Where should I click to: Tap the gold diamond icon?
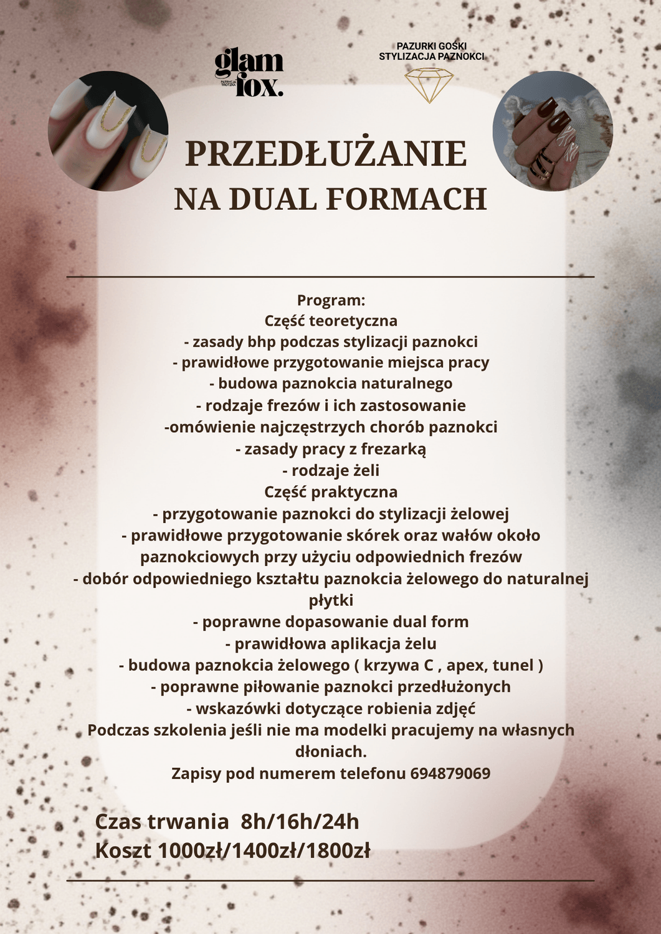[x=429, y=85]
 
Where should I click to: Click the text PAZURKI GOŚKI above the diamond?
[x=431, y=45]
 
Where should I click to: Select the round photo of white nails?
[x=108, y=131]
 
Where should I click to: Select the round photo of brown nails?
[x=553, y=131]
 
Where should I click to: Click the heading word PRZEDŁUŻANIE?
[x=326, y=154]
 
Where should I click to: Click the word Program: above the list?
[x=330, y=300]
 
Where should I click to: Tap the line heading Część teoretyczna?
[x=330, y=321]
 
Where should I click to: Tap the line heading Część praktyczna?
[x=330, y=492]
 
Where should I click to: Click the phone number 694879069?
[x=450, y=774]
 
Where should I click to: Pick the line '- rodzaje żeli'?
[x=330, y=470]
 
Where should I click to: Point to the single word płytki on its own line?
[x=331, y=601]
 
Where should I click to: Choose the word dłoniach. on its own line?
[x=330, y=752]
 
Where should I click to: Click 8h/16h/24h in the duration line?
[x=300, y=822]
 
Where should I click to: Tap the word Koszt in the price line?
[x=123, y=851]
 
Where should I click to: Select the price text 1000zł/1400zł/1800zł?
[x=265, y=851]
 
